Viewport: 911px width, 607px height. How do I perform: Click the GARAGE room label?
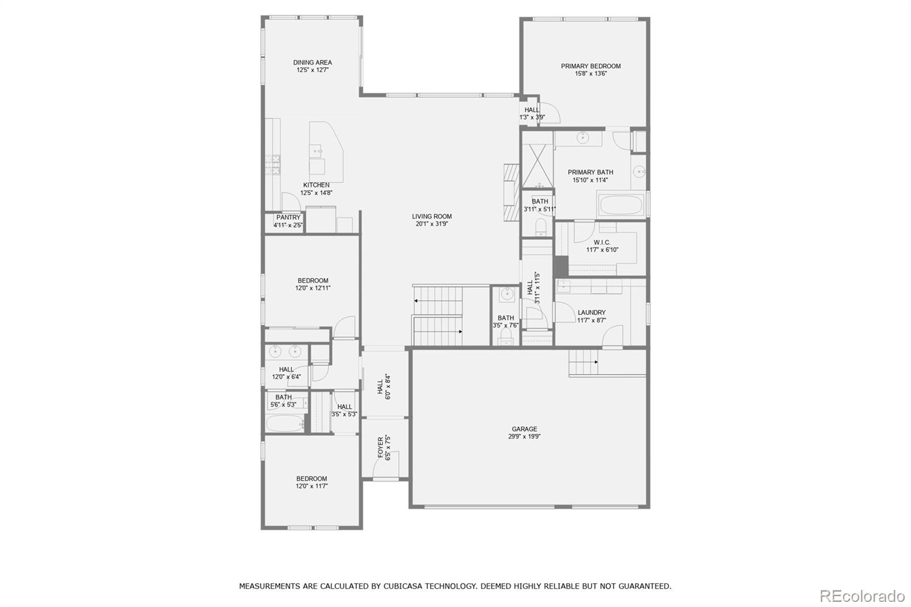click(524, 429)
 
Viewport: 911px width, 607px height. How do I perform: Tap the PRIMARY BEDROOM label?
click(590, 66)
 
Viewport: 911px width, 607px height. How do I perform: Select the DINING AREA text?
click(313, 62)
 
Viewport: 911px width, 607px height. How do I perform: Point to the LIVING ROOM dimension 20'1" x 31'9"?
click(432, 224)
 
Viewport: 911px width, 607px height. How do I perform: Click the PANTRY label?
click(288, 218)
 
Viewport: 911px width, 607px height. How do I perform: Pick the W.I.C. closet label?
click(602, 243)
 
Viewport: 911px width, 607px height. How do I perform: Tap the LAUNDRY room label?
click(592, 313)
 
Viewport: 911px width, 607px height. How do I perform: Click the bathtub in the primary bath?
click(620, 204)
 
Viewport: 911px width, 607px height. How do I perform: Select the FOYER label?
click(380, 448)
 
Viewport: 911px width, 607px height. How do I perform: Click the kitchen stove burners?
click(273, 165)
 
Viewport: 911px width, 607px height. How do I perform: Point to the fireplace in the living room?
click(512, 192)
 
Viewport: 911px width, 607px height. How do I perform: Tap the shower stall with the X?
click(537, 166)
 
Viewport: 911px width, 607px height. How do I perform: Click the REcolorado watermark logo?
click(862, 596)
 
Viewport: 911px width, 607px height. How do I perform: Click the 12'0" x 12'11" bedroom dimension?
click(313, 288)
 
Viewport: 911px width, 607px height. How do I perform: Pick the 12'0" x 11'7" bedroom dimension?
click(311, 486)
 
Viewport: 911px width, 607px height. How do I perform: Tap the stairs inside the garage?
click(583, 362)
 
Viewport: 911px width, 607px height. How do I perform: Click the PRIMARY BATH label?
click(590, 172)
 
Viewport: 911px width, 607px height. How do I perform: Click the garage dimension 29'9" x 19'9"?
click(524, 437)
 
